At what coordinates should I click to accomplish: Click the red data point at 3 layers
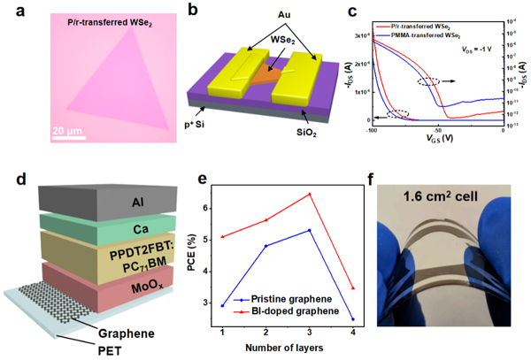[x=308, y=194]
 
